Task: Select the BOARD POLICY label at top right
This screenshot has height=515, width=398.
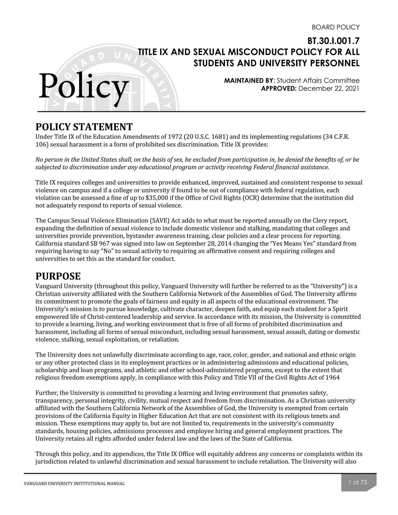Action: (x=335, y=27)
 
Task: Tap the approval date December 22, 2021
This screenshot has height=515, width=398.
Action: (x=329, y=89)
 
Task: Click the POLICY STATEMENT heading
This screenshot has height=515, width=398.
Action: (x=84, y=127)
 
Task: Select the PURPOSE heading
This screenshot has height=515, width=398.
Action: (x=58, y=276)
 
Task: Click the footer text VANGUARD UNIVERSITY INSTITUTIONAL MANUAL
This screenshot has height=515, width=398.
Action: (x=74, y=484)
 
